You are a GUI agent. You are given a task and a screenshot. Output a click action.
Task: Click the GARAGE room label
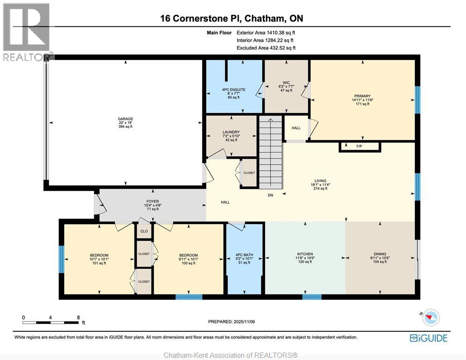pos(125,119)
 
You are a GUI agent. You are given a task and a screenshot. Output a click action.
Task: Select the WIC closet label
pos(286,83)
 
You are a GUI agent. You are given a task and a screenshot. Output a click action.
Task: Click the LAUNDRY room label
pos(231,132)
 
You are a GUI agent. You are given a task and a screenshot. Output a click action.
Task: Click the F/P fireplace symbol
pos(359,147)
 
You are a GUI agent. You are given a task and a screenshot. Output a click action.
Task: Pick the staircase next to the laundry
pos(271,152)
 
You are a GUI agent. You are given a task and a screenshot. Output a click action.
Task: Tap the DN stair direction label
pos(270,195)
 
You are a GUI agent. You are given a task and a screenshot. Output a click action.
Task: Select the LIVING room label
pos(320,181)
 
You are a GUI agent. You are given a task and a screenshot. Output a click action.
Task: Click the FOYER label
pos(153,202)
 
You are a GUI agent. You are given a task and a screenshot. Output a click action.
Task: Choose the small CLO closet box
pos(144,231)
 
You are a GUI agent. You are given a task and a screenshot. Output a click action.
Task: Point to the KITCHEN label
pos(304,254)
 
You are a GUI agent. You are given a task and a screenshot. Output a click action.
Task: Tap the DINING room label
pos(380,254)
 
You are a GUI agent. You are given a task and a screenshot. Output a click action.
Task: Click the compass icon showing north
pos(430,318)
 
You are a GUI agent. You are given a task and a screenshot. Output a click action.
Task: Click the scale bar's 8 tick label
pos(78,317)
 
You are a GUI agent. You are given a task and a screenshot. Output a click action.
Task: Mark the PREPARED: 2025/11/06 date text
pos(232,322)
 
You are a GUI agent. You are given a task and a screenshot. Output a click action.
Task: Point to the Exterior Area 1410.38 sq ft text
pos(266,33)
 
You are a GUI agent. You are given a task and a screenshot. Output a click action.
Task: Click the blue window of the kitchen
pos(311,297)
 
